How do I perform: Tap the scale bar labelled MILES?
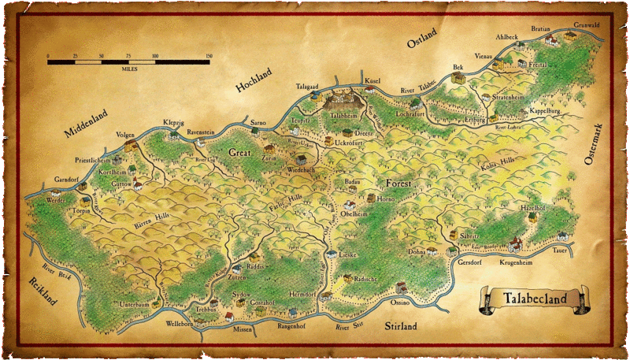tap(129, 61)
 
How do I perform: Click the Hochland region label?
tap(254, 83)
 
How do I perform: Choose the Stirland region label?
tap(400, 325)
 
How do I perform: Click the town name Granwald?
tap(586, 24)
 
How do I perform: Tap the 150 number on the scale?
tap(209, 56)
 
